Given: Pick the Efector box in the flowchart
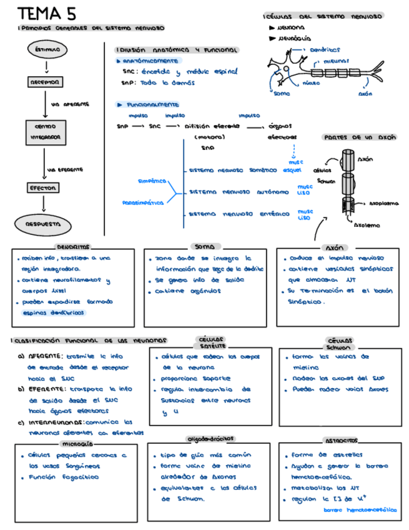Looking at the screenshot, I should pos(43,187).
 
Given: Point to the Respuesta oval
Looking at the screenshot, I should pos(43,224).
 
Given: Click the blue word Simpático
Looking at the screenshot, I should pos(152,181).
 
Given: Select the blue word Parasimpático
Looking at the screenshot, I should pos(143,202).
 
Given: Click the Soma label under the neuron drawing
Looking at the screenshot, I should pos(282,94).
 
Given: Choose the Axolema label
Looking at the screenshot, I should pos(368,225).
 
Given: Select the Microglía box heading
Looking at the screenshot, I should pos(77,443).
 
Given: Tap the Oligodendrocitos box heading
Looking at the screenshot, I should pos(210,439).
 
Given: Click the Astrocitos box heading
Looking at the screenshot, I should pos(342,441).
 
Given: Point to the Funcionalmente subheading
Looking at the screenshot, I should pos(152,105).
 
